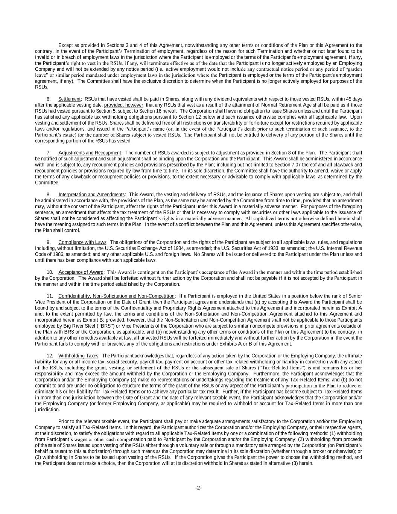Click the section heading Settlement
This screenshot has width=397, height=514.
[x=70, y=99]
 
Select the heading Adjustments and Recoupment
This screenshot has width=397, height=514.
[x=90, y=153]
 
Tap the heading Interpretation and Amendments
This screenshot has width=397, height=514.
[x=91, y=195]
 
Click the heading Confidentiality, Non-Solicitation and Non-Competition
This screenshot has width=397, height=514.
[x=117, y=296]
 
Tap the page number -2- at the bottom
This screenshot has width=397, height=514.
[x=198, y=488]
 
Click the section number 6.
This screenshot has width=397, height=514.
[x=49, y=99]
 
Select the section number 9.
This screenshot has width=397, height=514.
[x=49, y=243]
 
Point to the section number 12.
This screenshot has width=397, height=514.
[x=50, y=356]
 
